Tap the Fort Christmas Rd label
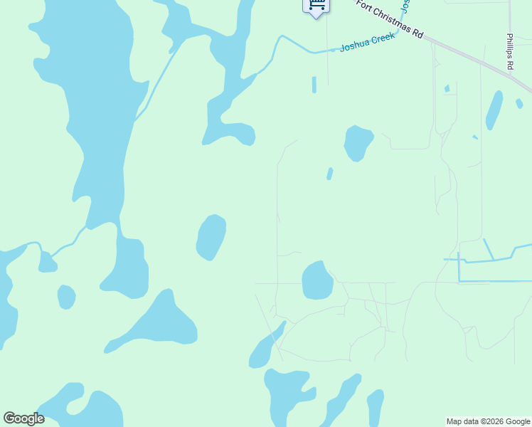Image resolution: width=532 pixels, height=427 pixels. point(390,19)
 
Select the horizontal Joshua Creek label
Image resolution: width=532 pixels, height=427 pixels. point(367,43)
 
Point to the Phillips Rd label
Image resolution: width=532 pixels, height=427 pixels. point(510,51)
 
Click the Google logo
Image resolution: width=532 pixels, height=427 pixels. point(23,418)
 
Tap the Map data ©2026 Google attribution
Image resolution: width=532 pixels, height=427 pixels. point(488,421)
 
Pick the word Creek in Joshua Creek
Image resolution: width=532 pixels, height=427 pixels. point(382,38)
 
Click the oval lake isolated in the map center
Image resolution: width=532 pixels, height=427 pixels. point(211,237)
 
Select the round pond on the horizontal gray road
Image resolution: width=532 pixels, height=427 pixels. point(317,280)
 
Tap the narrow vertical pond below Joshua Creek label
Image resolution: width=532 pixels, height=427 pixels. point(314,85)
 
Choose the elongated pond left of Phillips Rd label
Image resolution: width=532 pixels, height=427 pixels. point(494,110)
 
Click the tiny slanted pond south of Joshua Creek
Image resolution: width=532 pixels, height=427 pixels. point(329,174)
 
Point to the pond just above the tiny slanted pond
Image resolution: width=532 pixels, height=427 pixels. point(358,143)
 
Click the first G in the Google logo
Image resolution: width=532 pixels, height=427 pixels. point(9,418)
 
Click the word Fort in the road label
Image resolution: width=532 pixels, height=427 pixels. point(365,6)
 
